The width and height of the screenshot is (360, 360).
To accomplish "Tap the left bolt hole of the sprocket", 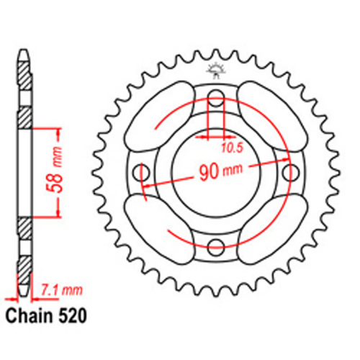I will coord(140,173).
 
